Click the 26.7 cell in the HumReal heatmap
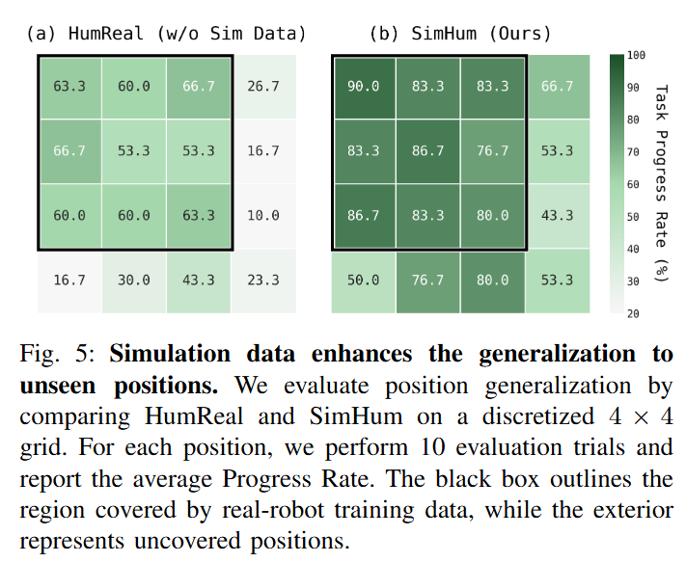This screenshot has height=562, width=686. pyautogui.click(x=263, y=86)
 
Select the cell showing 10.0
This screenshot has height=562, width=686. pyautogui.click(x=263, y=215)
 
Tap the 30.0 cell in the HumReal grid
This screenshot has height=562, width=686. pyautogui.click(x=134, y=280)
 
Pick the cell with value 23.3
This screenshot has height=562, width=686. pyautogui.click(x=263, y=280)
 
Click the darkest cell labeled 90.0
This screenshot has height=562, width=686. pyautogui.click(x=364, y=86)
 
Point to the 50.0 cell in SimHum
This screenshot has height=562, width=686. pyautogui.click(x=364, y=280)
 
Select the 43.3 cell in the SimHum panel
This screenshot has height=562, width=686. pyautogui.click(x=557, y=215)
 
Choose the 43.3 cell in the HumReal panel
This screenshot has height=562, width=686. pyautogui.click(x=199, y=280)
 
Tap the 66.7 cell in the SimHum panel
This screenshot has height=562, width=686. pyautogui.click(x=557, y=86)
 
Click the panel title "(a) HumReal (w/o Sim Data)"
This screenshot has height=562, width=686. pyautogui.click(x=165, y=34)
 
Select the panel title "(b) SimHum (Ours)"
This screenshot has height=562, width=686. pyautogui.click(x=460, y=34)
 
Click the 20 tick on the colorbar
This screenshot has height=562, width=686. pyautogui.click(x=633, y=313)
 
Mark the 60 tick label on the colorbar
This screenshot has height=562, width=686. pyautogui.click(x=633, y=184)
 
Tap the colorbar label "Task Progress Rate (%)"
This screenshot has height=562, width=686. pyautogui.click(x=662, y=183)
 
